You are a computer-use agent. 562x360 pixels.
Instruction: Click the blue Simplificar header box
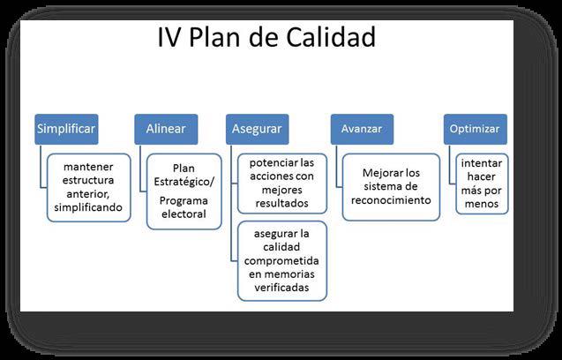click(66, 129)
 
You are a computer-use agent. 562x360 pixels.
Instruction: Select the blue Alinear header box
click(166, 129)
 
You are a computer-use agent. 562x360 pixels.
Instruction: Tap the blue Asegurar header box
click(258, 129)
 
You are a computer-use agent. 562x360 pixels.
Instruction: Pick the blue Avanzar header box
click(362, 129)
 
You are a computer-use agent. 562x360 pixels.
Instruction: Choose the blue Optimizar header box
click(476, 129)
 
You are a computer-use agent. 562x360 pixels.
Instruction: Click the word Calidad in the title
click(331, 37)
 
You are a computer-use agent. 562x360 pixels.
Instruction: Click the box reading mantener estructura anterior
click(88, 188)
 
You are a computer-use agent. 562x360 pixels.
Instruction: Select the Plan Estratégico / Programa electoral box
click(184, 191)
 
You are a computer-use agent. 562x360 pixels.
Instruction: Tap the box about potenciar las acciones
click(282, 184)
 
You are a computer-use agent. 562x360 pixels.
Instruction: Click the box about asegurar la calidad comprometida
click(282, 260)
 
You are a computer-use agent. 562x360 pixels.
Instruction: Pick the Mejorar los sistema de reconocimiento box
click(391, 187)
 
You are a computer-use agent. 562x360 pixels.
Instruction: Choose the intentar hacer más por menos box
click(482, 184)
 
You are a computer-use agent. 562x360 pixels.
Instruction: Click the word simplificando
click(88, 207)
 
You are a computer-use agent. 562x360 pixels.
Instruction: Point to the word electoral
click(184, 214)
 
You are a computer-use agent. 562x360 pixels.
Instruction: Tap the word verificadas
click(281, 288)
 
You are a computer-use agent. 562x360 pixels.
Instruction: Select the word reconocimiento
click(391, 200)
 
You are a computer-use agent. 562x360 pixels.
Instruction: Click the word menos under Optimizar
click(482, 204)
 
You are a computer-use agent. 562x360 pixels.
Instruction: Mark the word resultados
click(281, 203)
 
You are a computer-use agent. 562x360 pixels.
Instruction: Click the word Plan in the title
click(214, 37)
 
